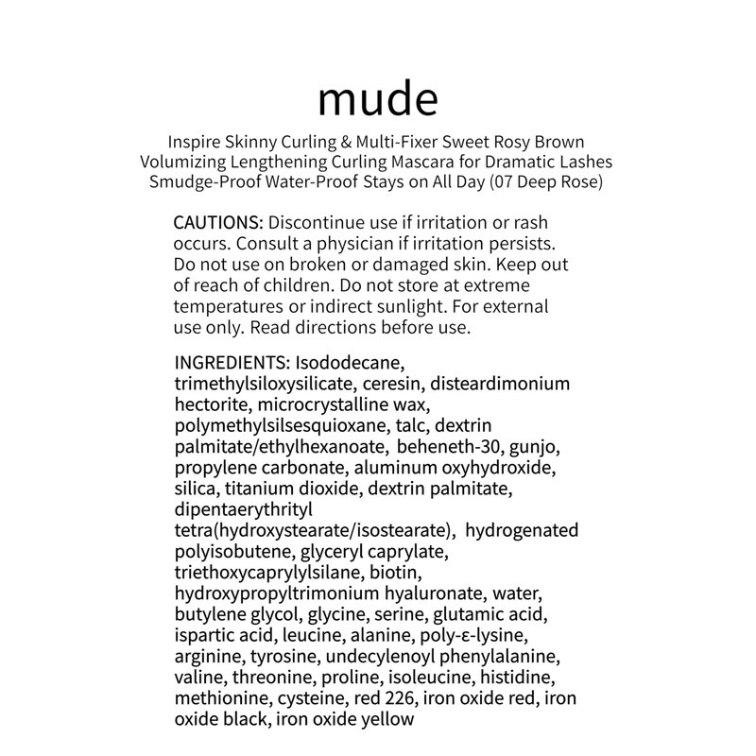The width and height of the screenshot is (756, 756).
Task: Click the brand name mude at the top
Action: (378, 99)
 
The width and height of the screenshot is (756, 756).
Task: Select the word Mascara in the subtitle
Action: (417, 162)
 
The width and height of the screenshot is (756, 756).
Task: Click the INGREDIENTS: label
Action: (232, 363)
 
